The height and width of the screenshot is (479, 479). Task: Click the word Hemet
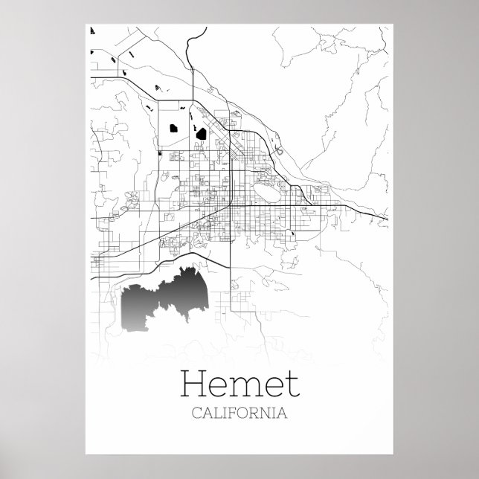239,384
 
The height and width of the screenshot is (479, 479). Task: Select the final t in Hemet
291,385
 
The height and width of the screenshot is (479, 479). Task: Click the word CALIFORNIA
239,412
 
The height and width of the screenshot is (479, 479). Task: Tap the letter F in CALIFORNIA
236,412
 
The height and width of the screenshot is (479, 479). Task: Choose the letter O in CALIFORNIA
245,412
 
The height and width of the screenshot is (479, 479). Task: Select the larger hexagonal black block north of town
200,135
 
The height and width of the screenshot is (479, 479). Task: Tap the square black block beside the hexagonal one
173,127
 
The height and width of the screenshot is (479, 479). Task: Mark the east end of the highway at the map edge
388,219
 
